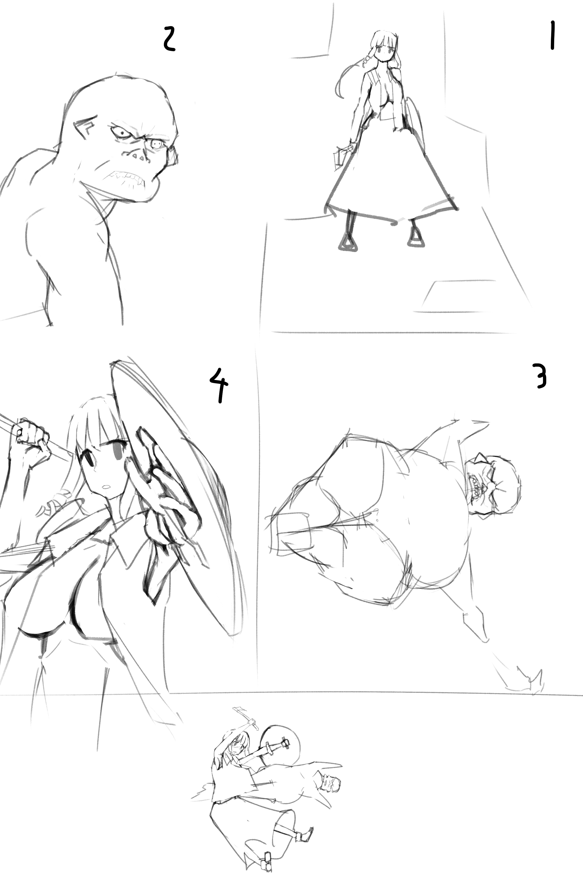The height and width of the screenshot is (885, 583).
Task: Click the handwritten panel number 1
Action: [553, 35]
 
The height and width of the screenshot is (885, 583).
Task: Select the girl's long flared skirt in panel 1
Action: [391, 171]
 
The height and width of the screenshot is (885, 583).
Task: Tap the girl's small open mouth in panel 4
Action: [106, 486]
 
